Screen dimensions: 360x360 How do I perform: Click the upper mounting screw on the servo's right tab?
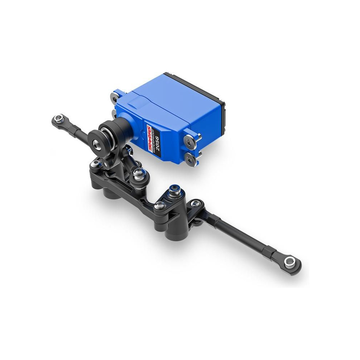(x=190, y=140)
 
